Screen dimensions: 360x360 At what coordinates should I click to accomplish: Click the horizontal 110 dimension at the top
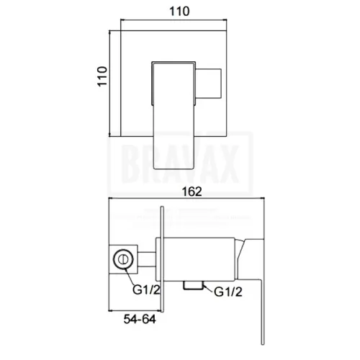pos(179,12)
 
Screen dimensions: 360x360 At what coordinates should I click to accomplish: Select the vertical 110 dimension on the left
pos(102,76)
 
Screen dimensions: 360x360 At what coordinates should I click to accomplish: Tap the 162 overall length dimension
pos(192,192)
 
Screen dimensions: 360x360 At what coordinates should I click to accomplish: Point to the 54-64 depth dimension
pos(140,319)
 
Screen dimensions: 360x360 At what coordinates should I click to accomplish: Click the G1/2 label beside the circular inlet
pos(146,289)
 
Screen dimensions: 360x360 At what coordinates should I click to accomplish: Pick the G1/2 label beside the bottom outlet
pos(228,292)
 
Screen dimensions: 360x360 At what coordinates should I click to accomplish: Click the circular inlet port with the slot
pos(123,259)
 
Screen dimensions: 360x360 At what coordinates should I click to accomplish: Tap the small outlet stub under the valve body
pos(192,285)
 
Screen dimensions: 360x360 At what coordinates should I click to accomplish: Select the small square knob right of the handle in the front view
pos(209,84)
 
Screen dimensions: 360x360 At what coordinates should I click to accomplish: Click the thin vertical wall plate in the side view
pos(162,259)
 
